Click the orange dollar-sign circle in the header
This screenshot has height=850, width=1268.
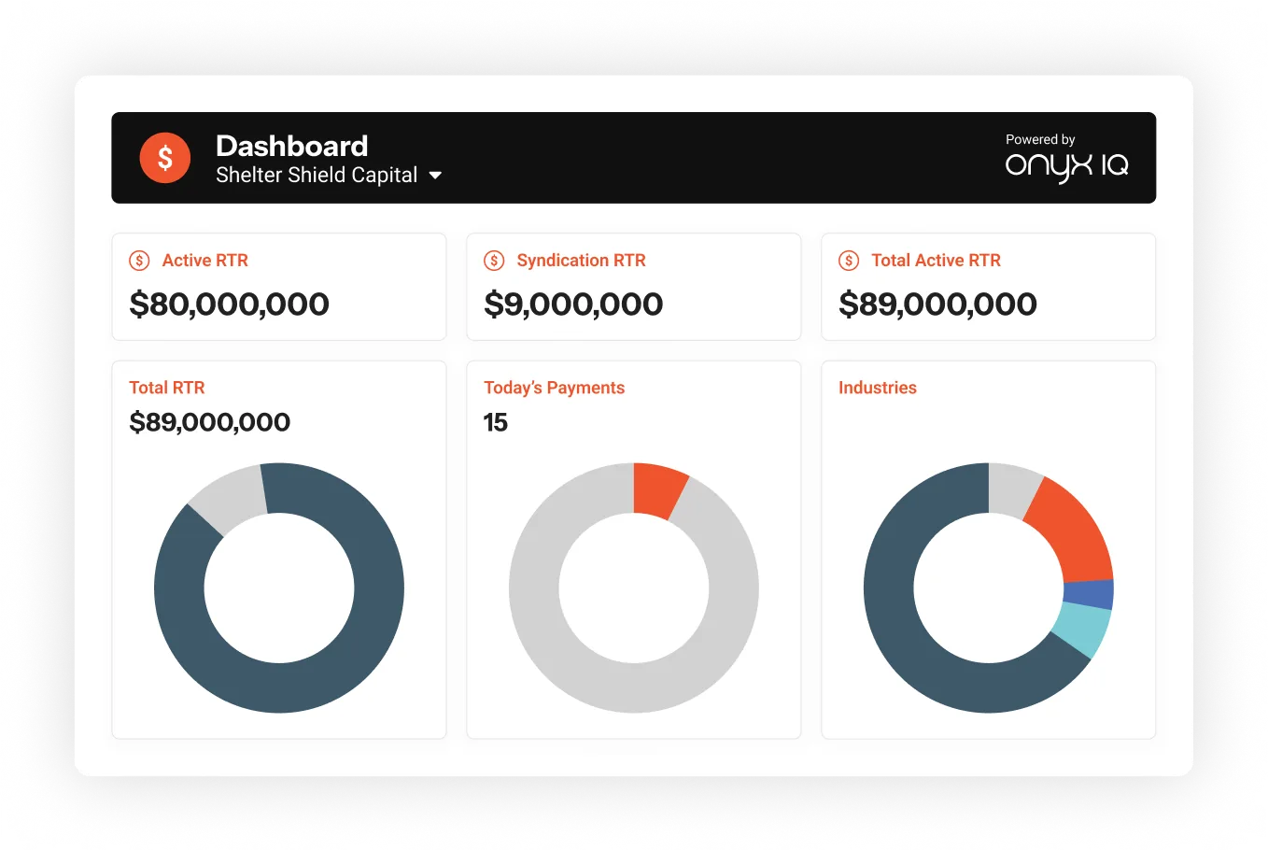click(x=165, y=158)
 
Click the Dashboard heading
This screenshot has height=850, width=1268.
click(x=291, y=146)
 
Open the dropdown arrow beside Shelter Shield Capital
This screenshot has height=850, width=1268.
click(x=435, y=176)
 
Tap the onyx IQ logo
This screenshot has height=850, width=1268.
click(x=1066, y=166)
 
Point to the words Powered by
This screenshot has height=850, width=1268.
click(x=1040, y=139)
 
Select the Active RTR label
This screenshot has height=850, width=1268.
click(x=204, y=261)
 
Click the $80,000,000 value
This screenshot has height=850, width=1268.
click(x=229, y=304)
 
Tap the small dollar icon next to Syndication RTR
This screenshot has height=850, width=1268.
click(x=494, y=261)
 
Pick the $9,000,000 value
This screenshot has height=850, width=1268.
click(x=573, y=304)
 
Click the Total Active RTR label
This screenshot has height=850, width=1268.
click(x=936, y=261)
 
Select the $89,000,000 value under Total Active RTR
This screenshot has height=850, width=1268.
click(x=937, y=304)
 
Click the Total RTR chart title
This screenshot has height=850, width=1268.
click(x=166, y=388)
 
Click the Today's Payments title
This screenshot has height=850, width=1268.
click(x=554, y=388)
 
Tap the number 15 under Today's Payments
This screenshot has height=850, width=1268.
click(x=495, y=422)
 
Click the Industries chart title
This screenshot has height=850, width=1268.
click(x=877, y=388)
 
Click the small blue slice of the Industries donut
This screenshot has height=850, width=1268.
click(x=1089, y=594)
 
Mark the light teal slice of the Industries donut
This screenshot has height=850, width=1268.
click(x=1082, y=629)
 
